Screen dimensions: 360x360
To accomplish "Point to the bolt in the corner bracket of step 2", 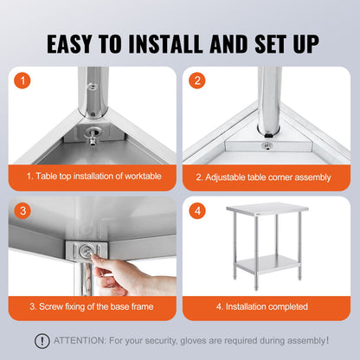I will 267,145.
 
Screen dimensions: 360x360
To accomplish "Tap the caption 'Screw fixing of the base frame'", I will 92,305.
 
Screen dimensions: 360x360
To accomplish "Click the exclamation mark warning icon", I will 41,341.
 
